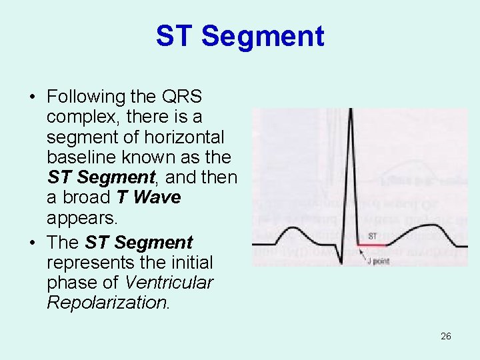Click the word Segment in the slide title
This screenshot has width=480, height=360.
coord(263,36)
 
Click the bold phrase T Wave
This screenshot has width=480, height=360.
coord(148,198)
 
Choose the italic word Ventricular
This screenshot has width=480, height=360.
coord(169,282)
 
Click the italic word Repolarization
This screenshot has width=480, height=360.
coord(108,303)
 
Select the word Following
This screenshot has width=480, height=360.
coord(86,97)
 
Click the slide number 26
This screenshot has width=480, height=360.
coord(446,336)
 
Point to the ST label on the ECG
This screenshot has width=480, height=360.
coord(373,237)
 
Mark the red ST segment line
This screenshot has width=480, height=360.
coord(372,245)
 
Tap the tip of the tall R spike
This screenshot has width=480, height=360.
coord(350,111)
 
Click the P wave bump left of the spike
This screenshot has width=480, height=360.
coord(294,232)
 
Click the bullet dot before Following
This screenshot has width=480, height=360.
coord(32,97)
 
